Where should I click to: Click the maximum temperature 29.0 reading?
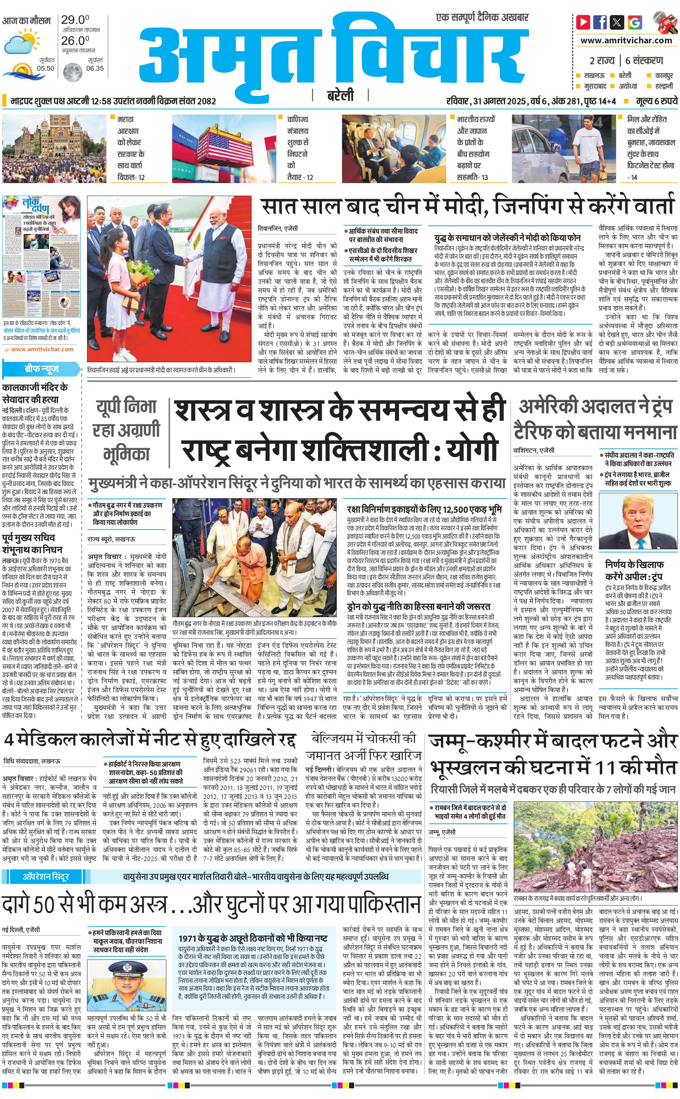click(75, 20)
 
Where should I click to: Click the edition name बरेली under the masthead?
click(340, 95)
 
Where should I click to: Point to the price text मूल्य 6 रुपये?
click(656, 101)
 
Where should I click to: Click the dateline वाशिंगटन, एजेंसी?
click(534, 450)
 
